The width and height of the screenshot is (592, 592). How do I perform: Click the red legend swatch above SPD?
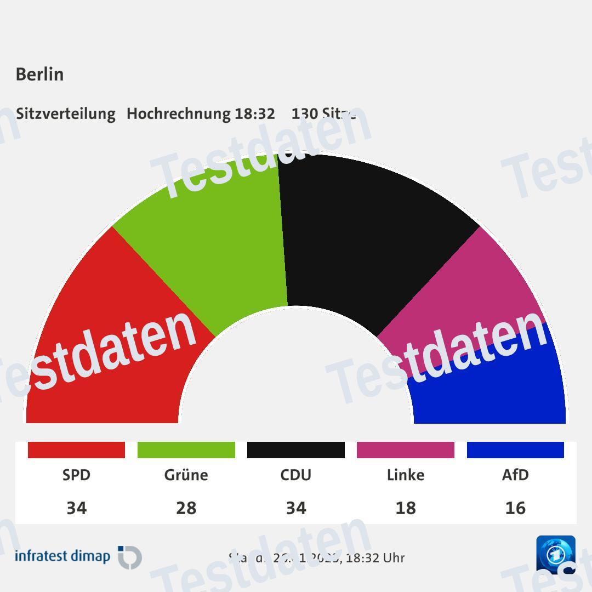point(76,450)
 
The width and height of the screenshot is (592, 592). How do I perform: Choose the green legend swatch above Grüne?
point(186,450)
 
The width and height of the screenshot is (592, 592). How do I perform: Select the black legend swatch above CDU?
point(296,450)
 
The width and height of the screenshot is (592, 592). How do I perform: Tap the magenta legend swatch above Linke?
point(406,450)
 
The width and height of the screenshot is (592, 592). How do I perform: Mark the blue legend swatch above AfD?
point(515,450)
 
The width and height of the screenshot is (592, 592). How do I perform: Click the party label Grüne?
point(186,475)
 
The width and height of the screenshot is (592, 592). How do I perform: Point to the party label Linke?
point(406,475)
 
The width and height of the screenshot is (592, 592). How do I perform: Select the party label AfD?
point(515,475)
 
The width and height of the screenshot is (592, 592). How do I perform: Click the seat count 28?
point(186,508)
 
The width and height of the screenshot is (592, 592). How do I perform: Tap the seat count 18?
point(406,508)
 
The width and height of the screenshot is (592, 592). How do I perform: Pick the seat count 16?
point(515,508)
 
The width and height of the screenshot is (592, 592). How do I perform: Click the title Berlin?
point(39,74)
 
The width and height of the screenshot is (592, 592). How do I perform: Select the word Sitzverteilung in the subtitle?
point(66,113)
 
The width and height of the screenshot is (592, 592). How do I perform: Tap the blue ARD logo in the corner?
point(556,554)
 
